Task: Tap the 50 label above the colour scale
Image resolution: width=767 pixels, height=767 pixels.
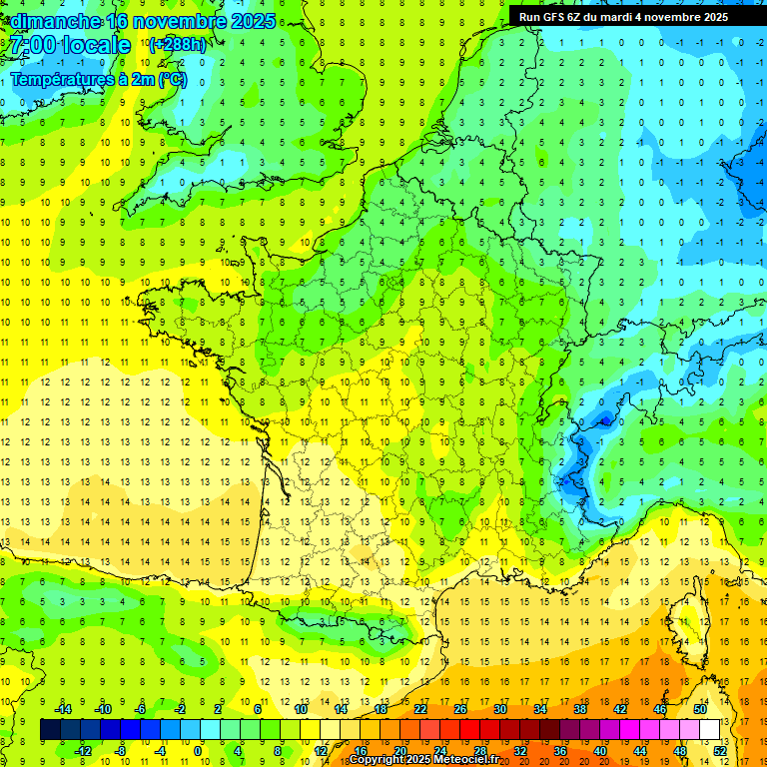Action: point(699,709)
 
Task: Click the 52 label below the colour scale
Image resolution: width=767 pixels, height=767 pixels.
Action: point(720,750)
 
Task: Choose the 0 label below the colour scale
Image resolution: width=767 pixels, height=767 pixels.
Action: point(200,750)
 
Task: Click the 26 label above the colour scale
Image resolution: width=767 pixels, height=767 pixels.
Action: point(460,709)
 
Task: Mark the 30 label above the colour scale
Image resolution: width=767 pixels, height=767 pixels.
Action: point(500,709)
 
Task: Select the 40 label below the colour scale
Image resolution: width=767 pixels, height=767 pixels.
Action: point(600,750)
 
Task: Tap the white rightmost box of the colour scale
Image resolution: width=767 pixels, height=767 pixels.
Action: point(710,730)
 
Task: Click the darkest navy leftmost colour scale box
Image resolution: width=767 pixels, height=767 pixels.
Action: point(51,730)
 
